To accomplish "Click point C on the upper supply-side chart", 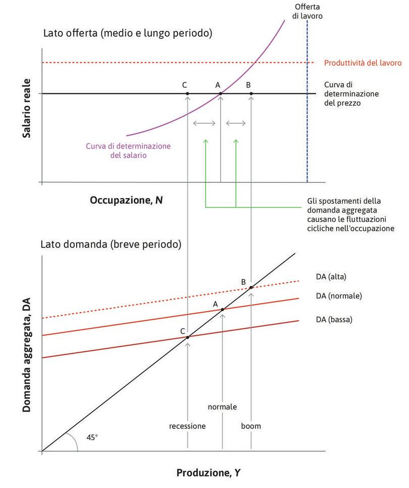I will (x=187, y=93).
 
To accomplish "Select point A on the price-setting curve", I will (x=221, y=93).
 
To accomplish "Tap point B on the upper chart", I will (x=251, y=93).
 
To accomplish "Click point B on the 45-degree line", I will (x=251, y=287).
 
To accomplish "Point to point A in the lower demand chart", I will (x=222, y=309).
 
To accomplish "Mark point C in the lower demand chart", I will (x=187, y=337).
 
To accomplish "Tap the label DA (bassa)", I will (x=334, y=320).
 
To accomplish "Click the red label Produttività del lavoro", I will (x=363, y=63).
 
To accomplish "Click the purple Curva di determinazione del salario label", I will (x=128, y=151).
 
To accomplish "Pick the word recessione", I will (x=187, y=426).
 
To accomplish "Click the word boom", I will (x=251, y=426).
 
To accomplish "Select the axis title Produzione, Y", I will (x=208, y=473).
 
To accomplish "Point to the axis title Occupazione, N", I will (x=126, y=200).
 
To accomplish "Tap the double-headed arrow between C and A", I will (x=204, y=123).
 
